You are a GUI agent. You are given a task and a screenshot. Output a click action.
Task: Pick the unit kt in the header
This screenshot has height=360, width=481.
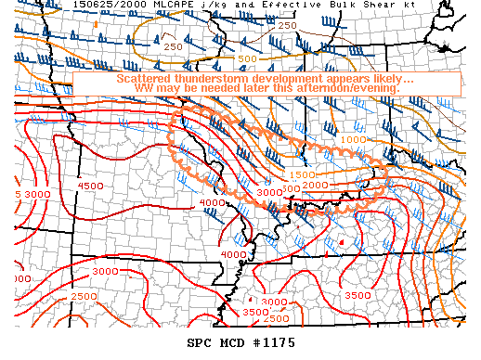pyautogui.click(x=384, y=6)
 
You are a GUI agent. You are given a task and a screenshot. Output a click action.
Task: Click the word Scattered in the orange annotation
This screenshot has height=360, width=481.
pyautogui.click(x=145, y=79)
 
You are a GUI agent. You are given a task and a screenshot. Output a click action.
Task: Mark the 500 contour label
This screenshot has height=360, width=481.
pyautogui.click(x=247, y=59)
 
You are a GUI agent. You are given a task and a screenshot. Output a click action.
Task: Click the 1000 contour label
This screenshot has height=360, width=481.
pyautogui.click(x=353, y=139)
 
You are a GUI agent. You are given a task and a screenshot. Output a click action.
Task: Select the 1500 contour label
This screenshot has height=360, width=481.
pyautogui.click(x=302, y=175)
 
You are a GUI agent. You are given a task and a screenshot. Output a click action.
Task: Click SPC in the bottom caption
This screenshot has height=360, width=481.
pyautogui.click(x=200, y=341)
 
